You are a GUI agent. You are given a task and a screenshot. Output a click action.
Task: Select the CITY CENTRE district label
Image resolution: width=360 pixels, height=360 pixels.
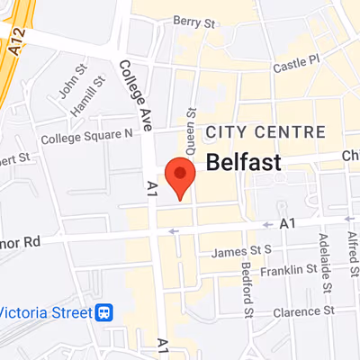(265, 132)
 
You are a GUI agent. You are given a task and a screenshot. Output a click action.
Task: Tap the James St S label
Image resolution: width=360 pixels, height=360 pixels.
(241, 252)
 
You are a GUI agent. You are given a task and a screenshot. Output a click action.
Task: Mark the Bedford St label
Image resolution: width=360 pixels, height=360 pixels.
(246, 290)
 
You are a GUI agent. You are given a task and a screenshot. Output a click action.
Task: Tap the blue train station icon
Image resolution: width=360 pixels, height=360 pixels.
(105, 312)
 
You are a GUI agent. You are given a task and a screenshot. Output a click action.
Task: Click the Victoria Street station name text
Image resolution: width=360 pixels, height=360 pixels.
(45, 312)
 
